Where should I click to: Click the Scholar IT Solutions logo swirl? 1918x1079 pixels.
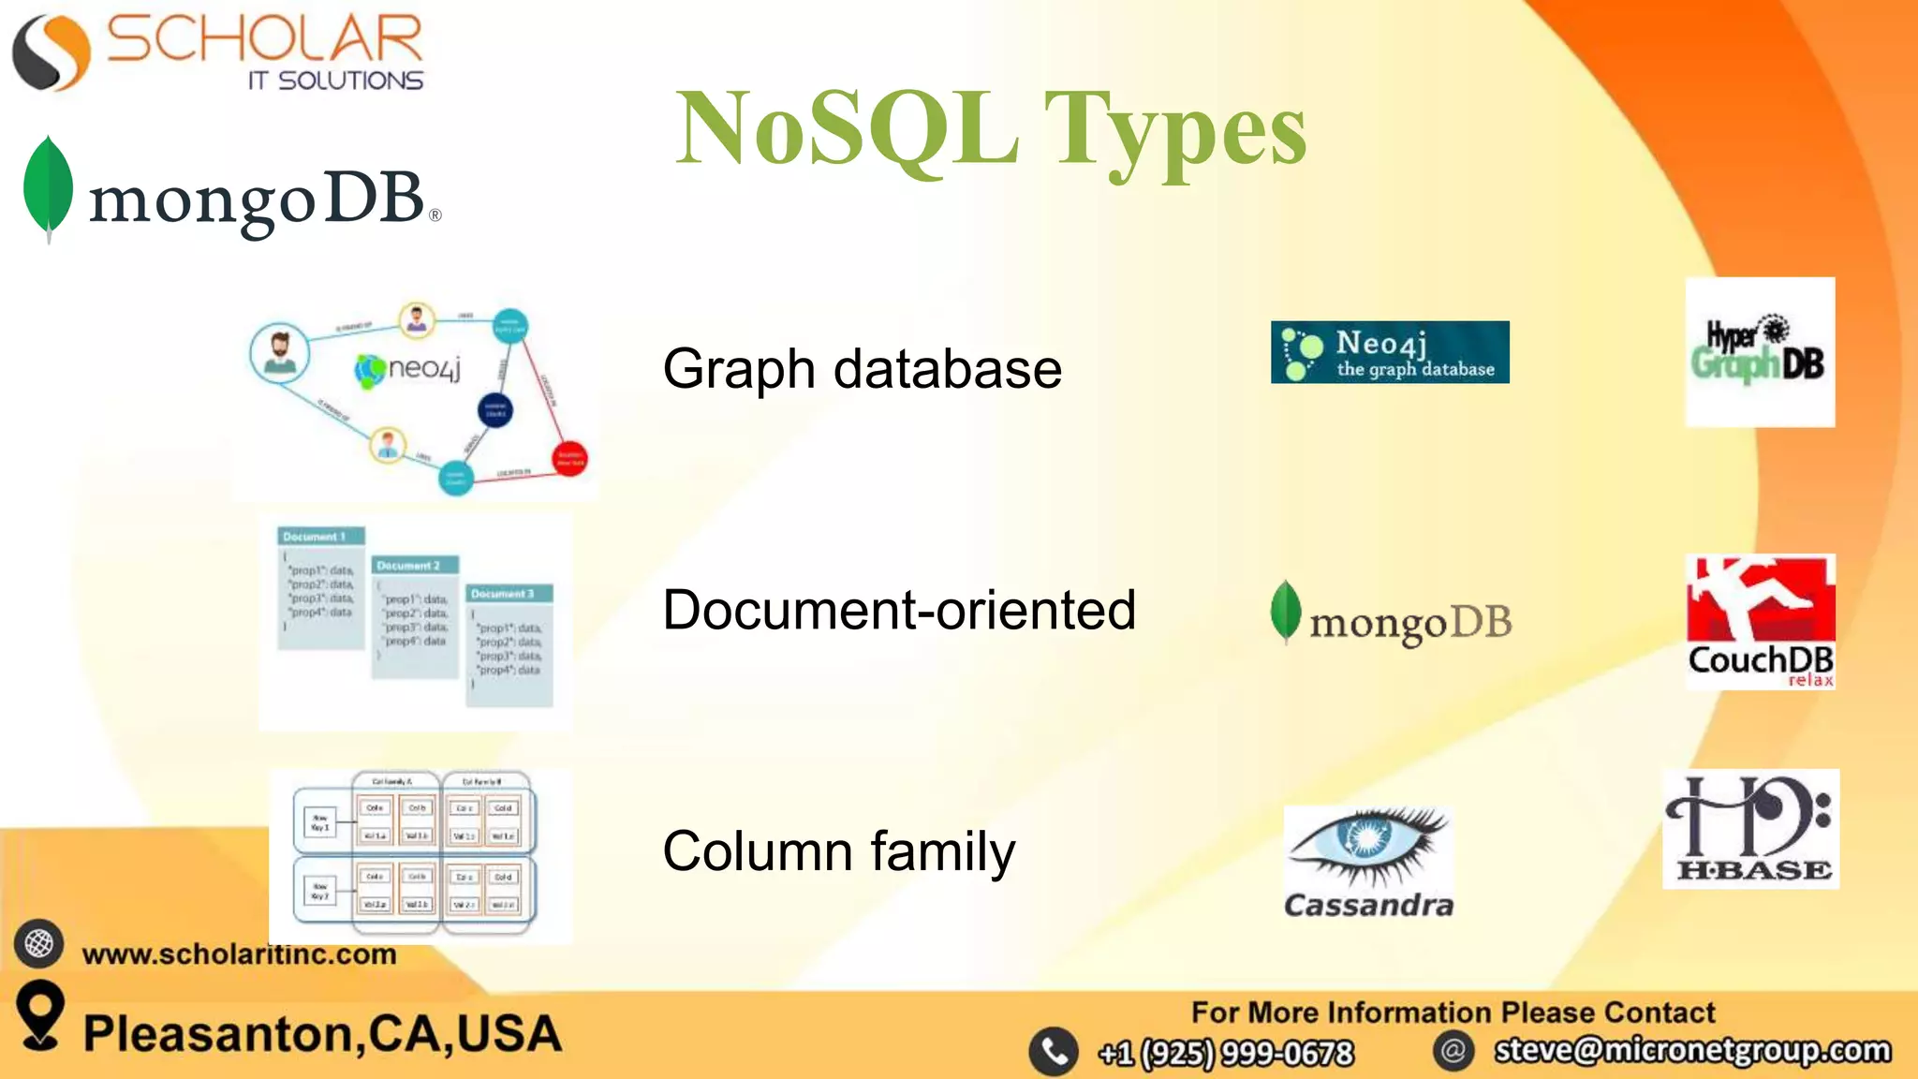point(52,53)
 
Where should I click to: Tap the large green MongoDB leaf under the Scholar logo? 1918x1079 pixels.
point(48,186)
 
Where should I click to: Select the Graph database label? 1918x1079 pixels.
point(862,368)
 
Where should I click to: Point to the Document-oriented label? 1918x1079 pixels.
point(899,610)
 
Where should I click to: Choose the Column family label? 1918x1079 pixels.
point(838,850)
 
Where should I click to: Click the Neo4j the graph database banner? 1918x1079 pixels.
point(1390,352)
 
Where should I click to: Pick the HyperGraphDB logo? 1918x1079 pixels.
point(1760,352)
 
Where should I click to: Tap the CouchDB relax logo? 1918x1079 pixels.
point(1760,622)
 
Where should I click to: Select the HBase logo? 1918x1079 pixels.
point(1750,829)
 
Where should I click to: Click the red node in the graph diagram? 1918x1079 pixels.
point(570,458)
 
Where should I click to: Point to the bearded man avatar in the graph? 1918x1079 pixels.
point(279,352)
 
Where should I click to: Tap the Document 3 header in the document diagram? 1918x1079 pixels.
point(509,594)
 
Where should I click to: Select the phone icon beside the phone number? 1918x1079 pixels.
point(1054,1052)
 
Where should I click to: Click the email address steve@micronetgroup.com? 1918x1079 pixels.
point(1692,1050)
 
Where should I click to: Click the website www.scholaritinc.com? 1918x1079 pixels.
point(239,954)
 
